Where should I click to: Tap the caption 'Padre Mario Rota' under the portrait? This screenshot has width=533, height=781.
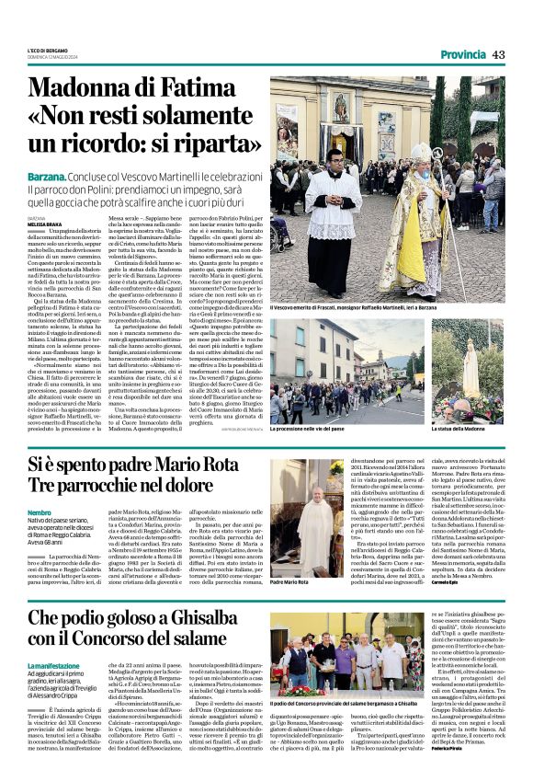(290, 582)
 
